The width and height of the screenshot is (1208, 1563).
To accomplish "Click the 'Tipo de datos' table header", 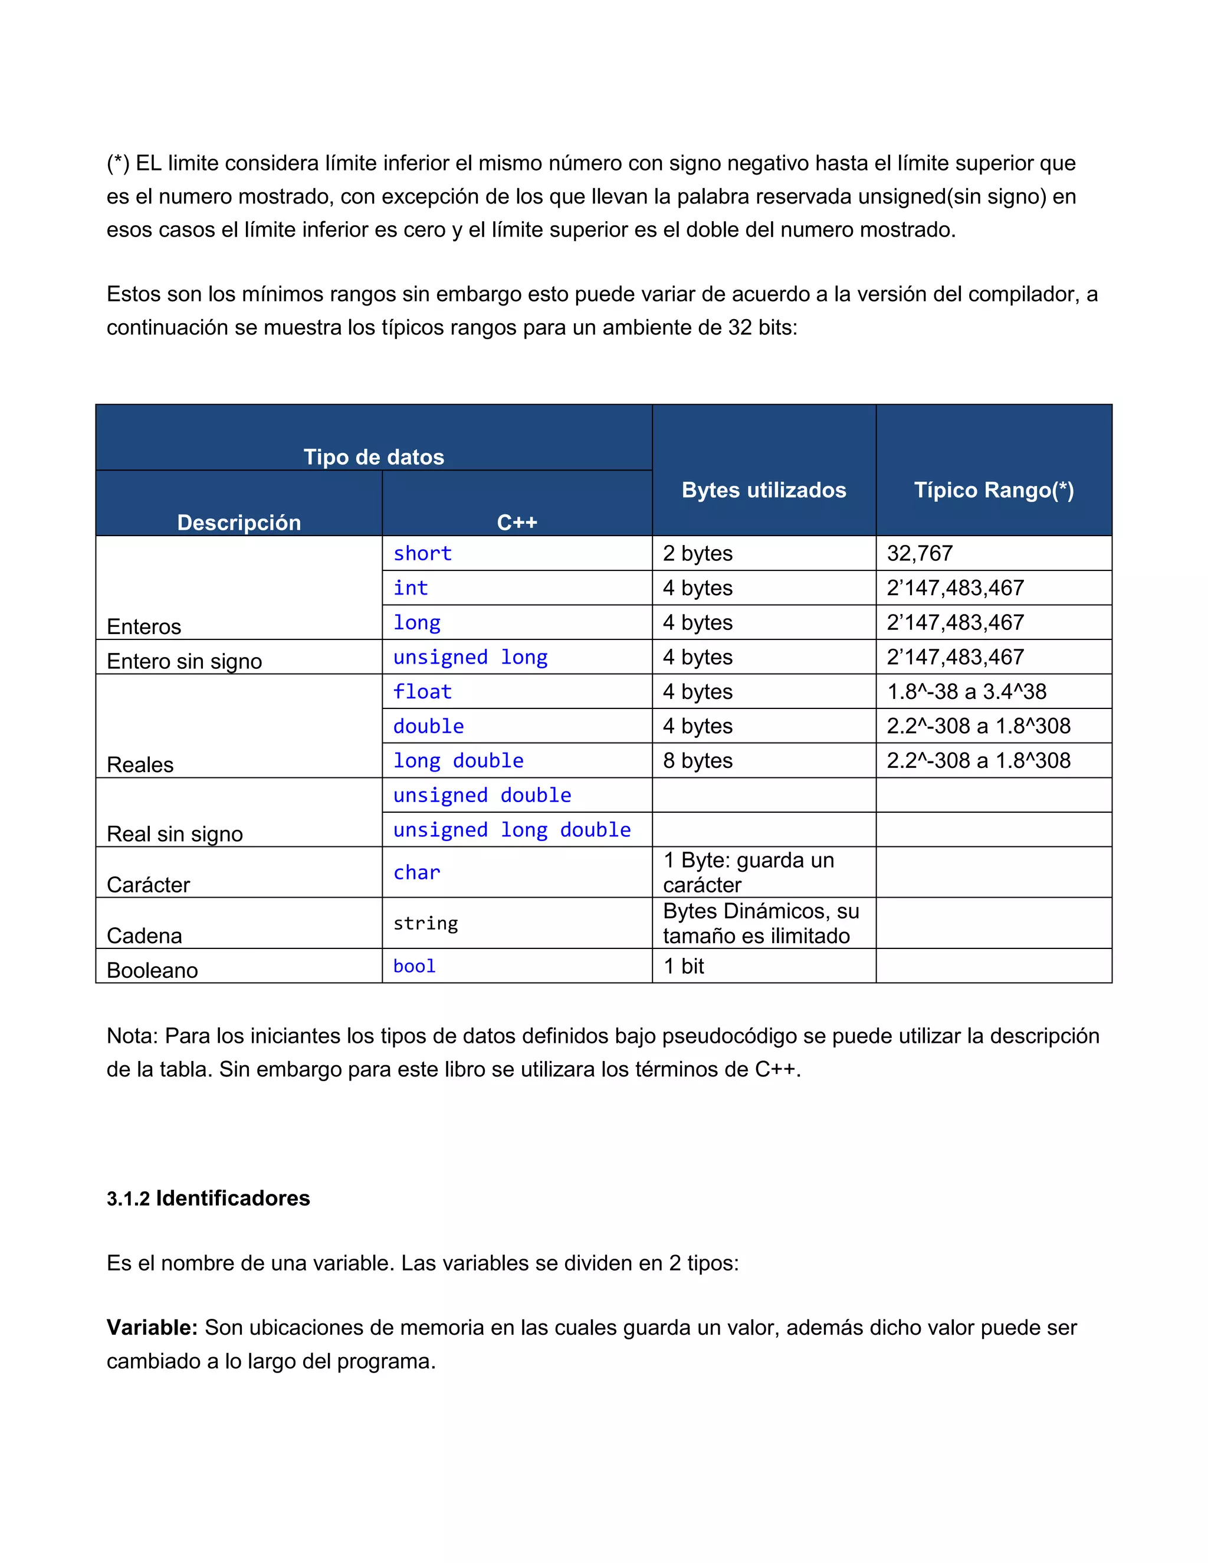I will pyautogui.click(x=373, y=457).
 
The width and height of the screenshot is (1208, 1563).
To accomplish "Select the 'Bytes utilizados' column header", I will pyautogui.click(x=764, y=490).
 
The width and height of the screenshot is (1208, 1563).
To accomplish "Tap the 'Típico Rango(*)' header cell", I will pyautogui.click(x=993, y=490).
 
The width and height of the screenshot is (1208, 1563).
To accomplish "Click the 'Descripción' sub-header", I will pyautogui.click(x=239, y=522).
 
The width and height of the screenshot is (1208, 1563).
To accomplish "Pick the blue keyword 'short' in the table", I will pyautogui.click(x=422, y=553).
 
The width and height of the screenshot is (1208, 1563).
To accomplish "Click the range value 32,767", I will pyautogui.click(x=920, y=553).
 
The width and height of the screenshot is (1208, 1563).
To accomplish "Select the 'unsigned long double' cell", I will pyautogui.click(x=511, y=829).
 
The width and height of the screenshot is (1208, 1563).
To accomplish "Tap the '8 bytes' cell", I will pyautogui.click(x=697, y=760).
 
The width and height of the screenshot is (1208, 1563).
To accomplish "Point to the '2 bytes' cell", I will pyautogui.click(x=697, y=553).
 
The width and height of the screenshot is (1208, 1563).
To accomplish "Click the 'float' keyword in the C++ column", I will pyautogui.click(x=422, y=691).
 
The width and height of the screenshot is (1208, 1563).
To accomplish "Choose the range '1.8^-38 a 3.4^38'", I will pyautogui.click(x=966, y=691).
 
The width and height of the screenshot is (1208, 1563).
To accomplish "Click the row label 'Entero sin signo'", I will pyautogui.click(x=184, y=661).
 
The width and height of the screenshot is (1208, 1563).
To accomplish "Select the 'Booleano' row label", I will pyautogui.click(x=152, y=970).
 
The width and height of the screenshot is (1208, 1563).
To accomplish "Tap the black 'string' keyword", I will pyautogui.click(x=425, y=923).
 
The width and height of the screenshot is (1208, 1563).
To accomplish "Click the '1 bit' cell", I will pyautogui.click(x=684, y=966).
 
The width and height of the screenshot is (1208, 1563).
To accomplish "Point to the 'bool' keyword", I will pyautogui.click(x=413, y=966).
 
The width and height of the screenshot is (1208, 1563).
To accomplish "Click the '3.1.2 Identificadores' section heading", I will pyautogui.click(x=208, y=1198).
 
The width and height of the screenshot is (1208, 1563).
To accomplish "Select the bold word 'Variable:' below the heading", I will pyautogui.click(x=152, y=1328).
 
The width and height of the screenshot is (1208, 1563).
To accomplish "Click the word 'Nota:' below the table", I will pyautogui.click(x=133, y=1036).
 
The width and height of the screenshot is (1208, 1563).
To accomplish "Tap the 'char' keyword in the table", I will pyautogui.click(x=416, y=872).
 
